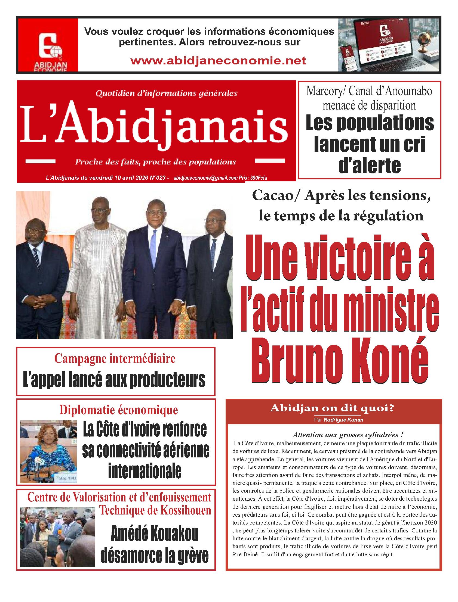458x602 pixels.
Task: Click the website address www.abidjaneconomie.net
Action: coord(218,60)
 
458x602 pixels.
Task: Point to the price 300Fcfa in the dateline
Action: coord(259,178)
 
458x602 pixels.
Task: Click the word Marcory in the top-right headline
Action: coord(324,92)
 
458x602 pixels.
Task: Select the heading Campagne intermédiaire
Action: coord(115,358)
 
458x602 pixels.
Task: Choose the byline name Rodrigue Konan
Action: coord(343,420)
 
